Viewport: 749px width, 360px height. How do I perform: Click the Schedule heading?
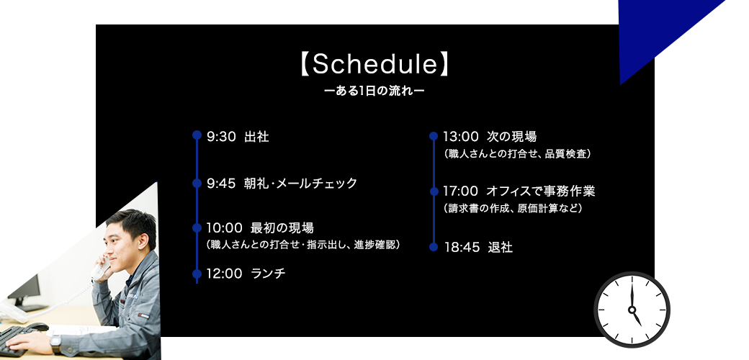point(374,65)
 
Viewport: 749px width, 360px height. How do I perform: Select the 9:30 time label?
point(222,137)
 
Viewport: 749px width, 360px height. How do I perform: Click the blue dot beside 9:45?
point(197,184)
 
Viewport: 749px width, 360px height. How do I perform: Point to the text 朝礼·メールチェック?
point(300,184)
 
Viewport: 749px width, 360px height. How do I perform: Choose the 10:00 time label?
point(224,228)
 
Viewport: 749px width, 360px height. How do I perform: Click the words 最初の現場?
point(282,228)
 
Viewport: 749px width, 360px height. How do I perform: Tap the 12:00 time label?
point(224,274)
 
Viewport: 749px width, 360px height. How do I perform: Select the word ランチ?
point(268,274)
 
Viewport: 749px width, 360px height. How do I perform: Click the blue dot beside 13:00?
point(434,136)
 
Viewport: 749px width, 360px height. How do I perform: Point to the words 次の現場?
point(511,137)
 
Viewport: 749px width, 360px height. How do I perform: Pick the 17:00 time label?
point(460,192)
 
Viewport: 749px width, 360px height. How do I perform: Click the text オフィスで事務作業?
point(541,192)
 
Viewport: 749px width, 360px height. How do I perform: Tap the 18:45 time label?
point(462,248)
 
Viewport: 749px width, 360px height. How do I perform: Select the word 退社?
point(500,248)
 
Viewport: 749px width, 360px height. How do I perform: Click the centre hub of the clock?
point(632,310)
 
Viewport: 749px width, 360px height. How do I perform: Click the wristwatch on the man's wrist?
point(56,343)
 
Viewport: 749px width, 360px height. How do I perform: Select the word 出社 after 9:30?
point(256,137)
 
